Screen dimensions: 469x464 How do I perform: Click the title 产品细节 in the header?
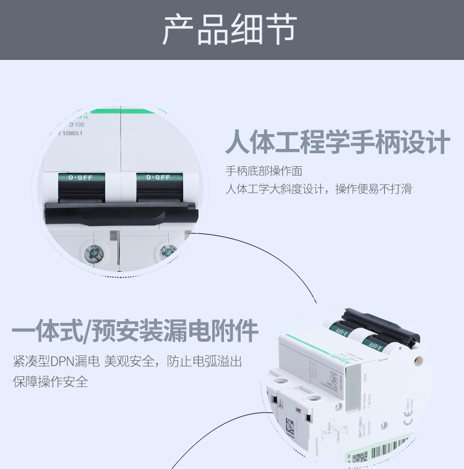230,29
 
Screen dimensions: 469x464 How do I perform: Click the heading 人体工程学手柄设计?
337,143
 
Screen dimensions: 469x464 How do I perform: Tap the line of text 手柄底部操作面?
264,171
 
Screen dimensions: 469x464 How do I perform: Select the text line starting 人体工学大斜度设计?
319,189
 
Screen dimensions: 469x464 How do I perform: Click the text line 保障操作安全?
50,381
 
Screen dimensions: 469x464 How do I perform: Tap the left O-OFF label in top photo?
80,178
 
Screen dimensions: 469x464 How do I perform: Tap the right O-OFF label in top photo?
158,178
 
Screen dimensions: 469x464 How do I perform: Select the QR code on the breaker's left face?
290,426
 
